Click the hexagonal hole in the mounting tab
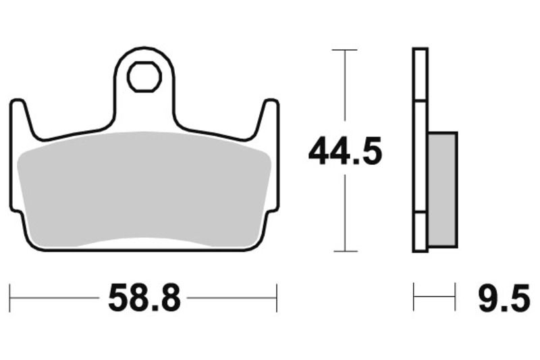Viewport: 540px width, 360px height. (144, 76)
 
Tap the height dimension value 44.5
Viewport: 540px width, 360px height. (345, 151)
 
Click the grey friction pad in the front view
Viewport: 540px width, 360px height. (144, 186)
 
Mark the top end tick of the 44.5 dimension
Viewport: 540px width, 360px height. (345, 50)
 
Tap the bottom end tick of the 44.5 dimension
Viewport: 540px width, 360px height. (345, 251)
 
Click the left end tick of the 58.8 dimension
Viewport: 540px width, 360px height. (10, 297)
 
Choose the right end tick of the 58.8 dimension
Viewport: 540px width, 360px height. (277, 297)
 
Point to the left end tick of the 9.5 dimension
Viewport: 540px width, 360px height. (414, 297)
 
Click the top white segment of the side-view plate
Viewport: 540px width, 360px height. (420, 74)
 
